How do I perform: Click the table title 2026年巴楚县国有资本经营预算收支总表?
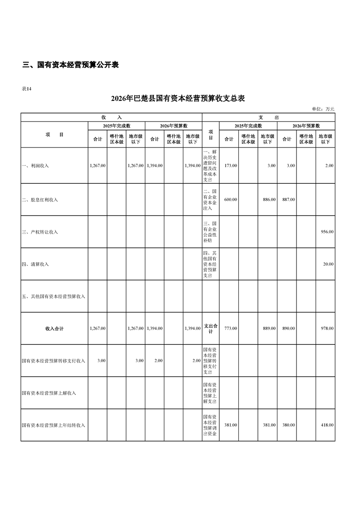(x=178, y=98)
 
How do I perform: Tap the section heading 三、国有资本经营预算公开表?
(x=70, y=65)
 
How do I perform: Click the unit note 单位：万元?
(x=323, y=109)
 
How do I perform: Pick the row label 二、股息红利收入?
(x=40, y=200)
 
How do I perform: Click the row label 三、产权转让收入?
(x=40, y=232)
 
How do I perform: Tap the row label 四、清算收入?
(x=35, y=264)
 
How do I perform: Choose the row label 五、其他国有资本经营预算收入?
(x=54, y=296)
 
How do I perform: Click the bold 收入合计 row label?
(x=54, y=328)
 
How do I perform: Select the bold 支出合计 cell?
(x=211, y=328)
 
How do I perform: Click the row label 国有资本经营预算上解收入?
(x=49, y=393)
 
